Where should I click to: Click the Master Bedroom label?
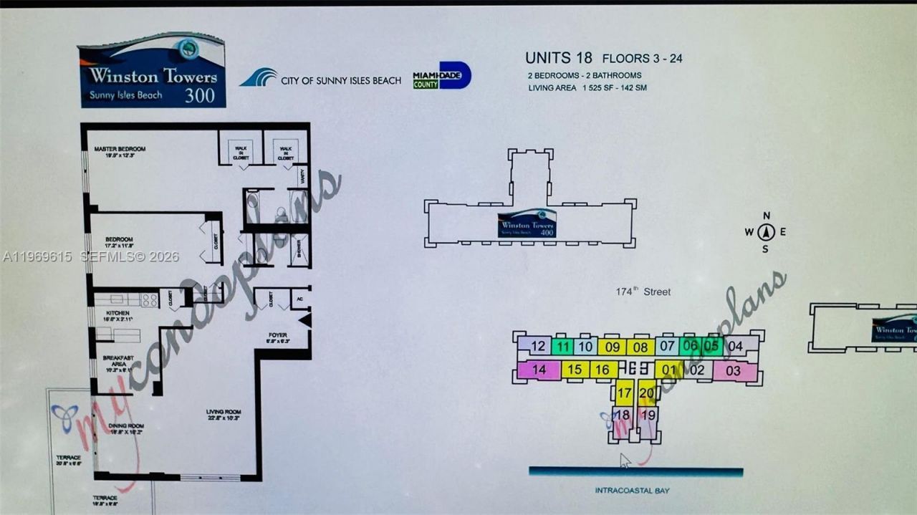(120, 149)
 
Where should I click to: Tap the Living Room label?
(223, 412)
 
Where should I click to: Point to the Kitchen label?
(117, 313)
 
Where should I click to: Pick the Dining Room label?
(125, 425)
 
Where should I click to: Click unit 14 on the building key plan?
(539, 370)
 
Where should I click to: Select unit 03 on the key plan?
(733, 371)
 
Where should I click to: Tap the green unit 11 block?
(563, 347)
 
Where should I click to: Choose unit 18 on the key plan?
(622, 415)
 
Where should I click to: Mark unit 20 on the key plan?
(646, 393)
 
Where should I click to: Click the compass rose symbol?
(765, 231)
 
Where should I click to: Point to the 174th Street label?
(643, 292)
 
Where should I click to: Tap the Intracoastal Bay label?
(632, 491)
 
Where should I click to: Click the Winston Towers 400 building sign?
(527, 223)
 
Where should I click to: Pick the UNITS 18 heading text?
(559, 58)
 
